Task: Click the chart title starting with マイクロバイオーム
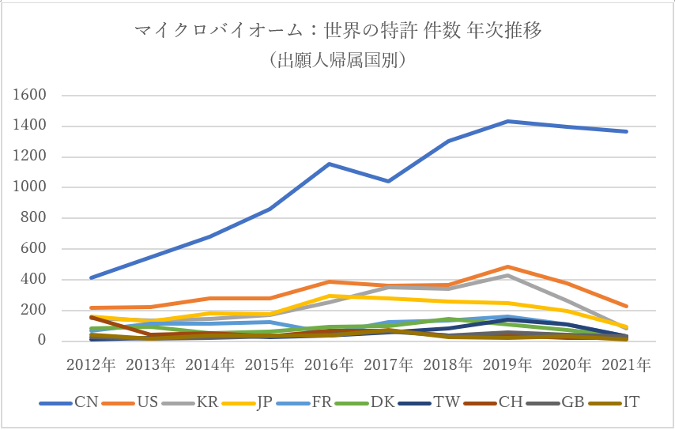pyautogui.click(x=337, y=32)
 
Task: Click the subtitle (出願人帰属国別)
pyautogui.click(x=337, y=60)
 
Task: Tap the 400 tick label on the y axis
pyautogui.click(x=36, y=280)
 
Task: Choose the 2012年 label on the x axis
pyautogui.click(x=91, y=365)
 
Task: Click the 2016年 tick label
pyautogui.click(x=330, y=365)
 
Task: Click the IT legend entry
pyautogui.click(x=630, y=402)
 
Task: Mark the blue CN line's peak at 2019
pyautogui.click(x=508, y=121)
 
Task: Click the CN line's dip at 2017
pyautogui.click(x=389, y=181)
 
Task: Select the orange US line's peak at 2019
pyautogui.click(x=508, y=267)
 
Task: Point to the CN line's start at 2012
pyautogui.click(x=91, y=278)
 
